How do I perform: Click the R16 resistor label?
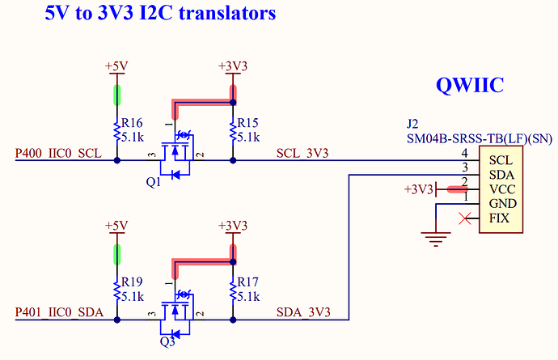pos(132,122)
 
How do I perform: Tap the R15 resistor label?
pos(247,122)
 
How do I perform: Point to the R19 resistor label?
pos(132,282)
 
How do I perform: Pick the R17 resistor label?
pos(247,282)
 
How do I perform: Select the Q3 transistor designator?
pos(167,341)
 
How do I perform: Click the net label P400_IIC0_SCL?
pos(58,154)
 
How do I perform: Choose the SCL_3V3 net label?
pos(302,154)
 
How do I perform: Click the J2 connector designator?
pos(412,125)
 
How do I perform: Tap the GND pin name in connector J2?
pos(503,204)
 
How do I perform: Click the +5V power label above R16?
pos(117,66)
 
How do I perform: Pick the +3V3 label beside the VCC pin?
pos(419,189)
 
